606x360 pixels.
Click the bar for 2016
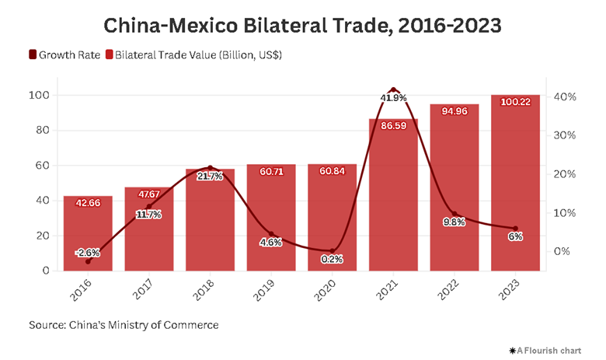(88, 233)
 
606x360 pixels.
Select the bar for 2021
(393, 194)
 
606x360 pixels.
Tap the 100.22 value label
(515, 101)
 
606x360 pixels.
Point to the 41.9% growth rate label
(393, 98)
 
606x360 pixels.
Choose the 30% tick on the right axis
(563, 135)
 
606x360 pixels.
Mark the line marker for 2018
(210, 168)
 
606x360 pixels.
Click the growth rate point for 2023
(515, 229)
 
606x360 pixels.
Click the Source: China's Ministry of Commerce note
(124, 324)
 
